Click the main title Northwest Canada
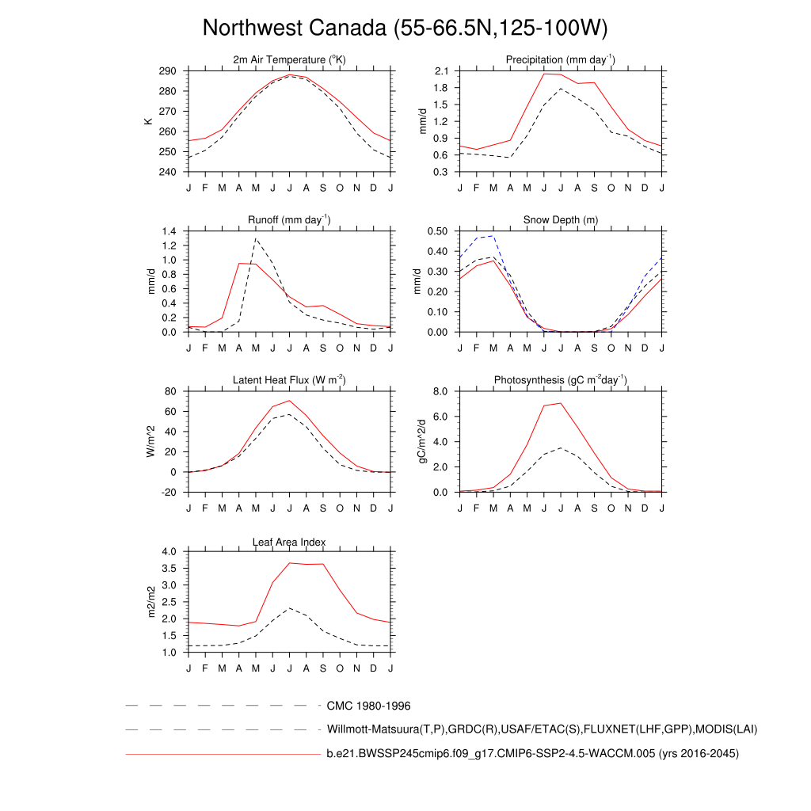(x=405, y=29)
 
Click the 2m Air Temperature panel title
(x=289, y=60)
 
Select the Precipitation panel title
(x=561, y=60)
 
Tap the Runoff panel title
(x=289, y=220)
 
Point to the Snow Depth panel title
(x=561, y=220)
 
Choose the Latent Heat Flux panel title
(x=289, y=380)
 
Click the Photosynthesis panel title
(x=561, y=380)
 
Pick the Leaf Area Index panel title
(x=289, y=542)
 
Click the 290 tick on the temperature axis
(x=167, y=71)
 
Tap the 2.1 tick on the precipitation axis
(x=441, y=71)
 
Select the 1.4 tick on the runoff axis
(x=169, y=231)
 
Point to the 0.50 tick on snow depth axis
(x=437, y=231)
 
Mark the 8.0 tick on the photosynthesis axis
(x=441, y=391)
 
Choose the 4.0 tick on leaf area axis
(x=169, y=551)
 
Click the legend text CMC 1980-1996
(x=368, y=705)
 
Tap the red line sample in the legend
(x=222, y=754)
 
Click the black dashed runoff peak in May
(x=256, y=238)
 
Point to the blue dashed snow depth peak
(x=493, y=236)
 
